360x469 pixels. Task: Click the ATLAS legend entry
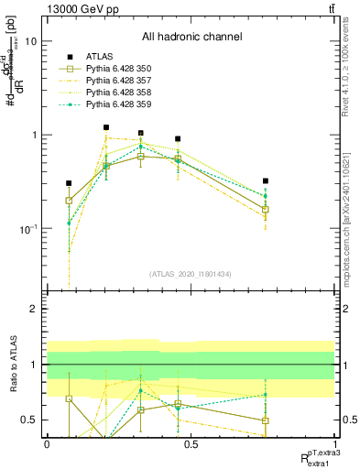(100, 56)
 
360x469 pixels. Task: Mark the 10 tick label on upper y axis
(30, 41)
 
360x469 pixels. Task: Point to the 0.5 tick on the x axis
(191, 444)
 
